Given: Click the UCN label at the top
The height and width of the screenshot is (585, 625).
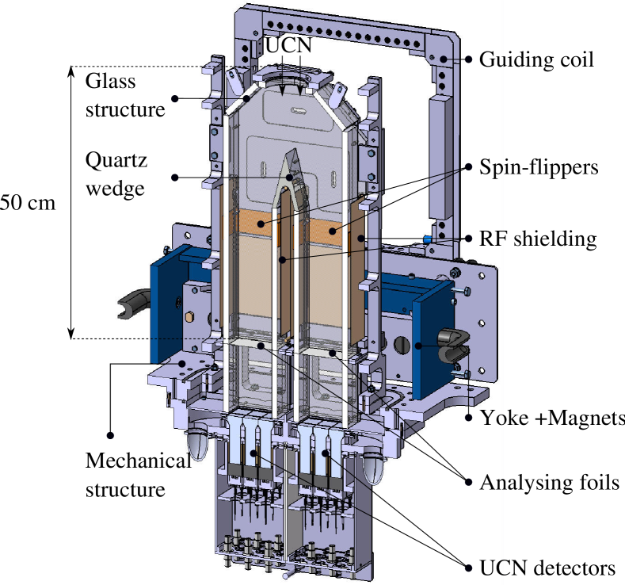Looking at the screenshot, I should pos(288,45).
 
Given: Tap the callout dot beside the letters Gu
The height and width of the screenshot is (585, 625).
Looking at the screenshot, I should pos(469,59).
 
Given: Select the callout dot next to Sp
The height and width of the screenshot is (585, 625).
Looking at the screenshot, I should pos(468,167).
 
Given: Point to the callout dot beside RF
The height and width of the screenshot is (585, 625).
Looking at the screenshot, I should pos(468,238).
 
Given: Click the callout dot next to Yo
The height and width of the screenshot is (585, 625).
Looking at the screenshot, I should pos(469,415).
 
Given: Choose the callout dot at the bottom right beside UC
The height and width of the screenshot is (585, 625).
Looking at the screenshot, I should pos(468,565).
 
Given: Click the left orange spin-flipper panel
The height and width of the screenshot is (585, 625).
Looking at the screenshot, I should pos(252,224).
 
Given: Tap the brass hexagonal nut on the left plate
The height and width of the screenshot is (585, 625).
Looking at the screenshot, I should pos(190,317).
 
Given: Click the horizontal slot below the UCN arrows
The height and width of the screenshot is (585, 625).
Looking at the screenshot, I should pos(295,114).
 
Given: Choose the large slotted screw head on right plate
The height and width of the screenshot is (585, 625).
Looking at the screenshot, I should pos(403,346).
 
